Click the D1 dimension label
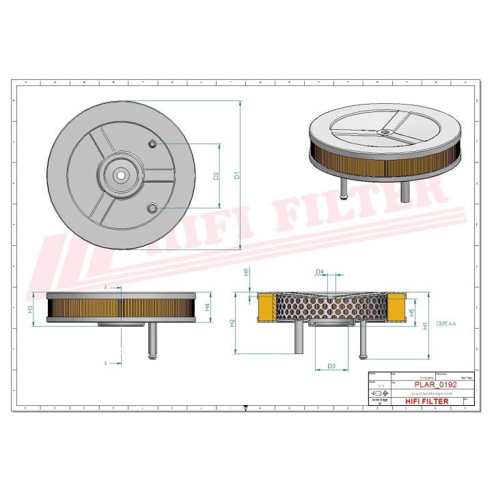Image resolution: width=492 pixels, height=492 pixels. click(237, 176)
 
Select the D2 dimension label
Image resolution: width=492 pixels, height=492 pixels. click(215, 176)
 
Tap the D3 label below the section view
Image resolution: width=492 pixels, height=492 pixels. click(331, 366)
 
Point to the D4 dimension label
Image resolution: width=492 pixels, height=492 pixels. click(319, 272)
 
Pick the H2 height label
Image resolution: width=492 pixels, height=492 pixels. click(232, 323)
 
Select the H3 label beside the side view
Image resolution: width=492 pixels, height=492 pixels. click(30, 309)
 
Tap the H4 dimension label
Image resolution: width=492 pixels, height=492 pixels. click(207, 307)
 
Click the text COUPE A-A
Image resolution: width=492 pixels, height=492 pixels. click(446, 327)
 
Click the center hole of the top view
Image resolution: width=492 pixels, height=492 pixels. click(121, 174)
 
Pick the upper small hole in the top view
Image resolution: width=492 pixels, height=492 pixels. click(152, 143)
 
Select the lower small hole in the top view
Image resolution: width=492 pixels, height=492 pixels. click(152, 207)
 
